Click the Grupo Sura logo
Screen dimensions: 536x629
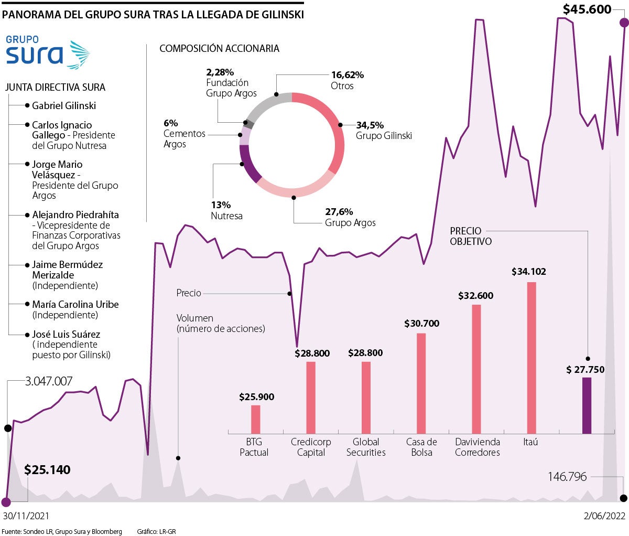click(x=47, y=52)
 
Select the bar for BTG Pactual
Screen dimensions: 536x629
click(x=255, y=419)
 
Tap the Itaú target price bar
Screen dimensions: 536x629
click(x=531, y=358)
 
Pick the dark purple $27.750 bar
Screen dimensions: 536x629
click(x=587, y=405)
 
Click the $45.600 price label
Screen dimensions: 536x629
click(x=587, y=9)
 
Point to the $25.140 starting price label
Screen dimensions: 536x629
click(x=47, y=469)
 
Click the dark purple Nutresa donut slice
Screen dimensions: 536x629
click(x=248, y=164)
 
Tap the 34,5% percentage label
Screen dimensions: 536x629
click(x=370, y=125)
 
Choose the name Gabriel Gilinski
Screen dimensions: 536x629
click(x=64, y=105)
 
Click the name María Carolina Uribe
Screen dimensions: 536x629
click(x=75, y=304)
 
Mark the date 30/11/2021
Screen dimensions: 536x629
click(x=26, y=516)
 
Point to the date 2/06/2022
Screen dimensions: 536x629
click(x=605, y=516)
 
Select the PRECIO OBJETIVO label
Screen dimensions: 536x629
click(x=471, y=236)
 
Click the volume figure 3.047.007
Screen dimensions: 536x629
click(x=49, y=381)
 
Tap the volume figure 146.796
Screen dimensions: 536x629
click(x=567, y=477)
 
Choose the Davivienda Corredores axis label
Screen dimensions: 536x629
click(x=478, y=447)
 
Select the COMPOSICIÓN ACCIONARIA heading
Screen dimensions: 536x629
click(x=219, y=48)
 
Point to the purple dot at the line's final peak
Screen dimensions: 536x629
click(x=624, y=23)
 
